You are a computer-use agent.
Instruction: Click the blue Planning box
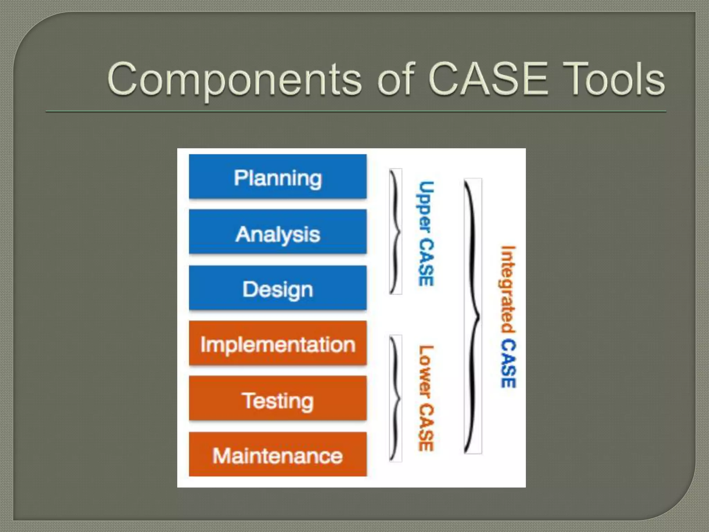click(x=278, y=177)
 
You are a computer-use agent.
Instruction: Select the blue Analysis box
click(x=278, y=232)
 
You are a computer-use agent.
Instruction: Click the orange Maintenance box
click(x=278, y=454)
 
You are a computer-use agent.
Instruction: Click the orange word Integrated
click(x=508, y=290)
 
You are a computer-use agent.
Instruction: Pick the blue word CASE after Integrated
click(x=508, y=363)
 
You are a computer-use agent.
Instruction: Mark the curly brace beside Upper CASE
click(x=396, y=231)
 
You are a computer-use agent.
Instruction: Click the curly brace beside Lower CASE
click(x=396, y=398)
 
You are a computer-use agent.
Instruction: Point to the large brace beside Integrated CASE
click(x=472, y=316)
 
